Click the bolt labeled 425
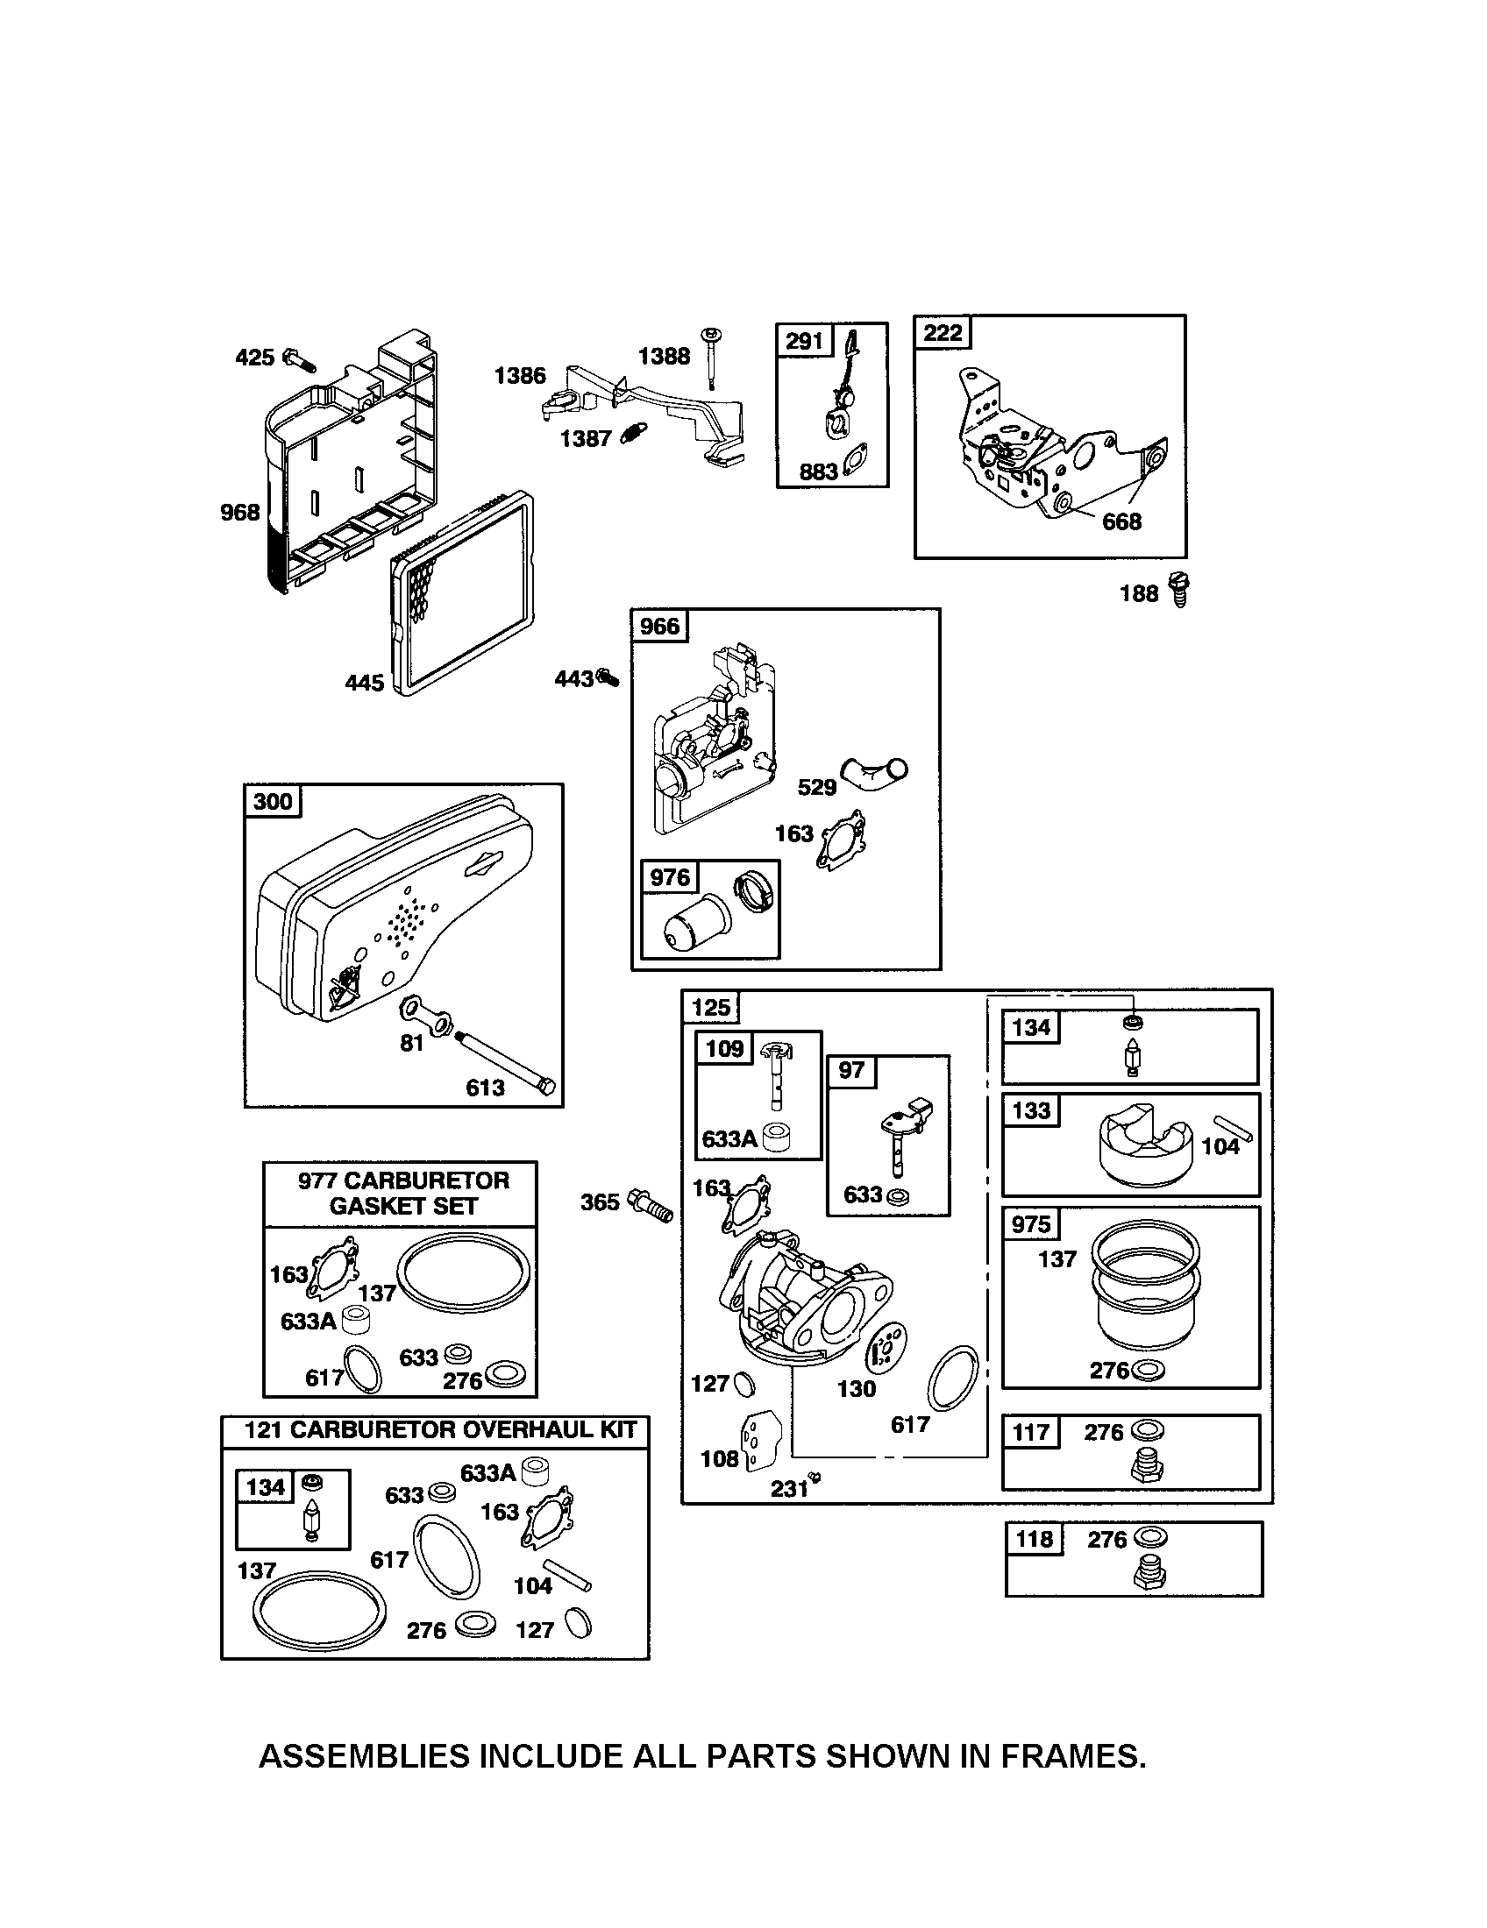[x=298, y=359]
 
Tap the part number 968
[x=239, y=512]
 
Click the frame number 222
[x=943, y=333]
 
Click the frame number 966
[x=659, y=626]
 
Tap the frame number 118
[x=1034, y=1540]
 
